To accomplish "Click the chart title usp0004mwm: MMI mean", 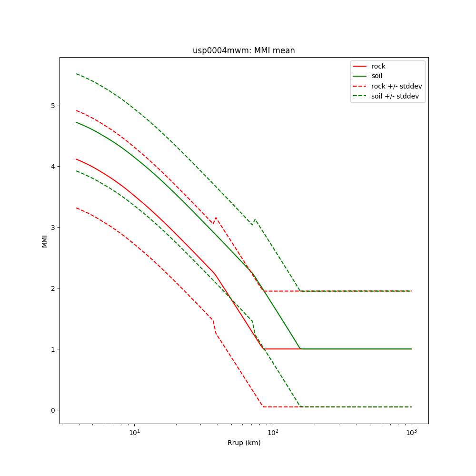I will (x=244, y=50).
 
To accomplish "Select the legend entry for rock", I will (x=378, y=66).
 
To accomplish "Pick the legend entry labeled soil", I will (x=377, y=76).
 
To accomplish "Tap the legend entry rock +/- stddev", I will (x=397, y=86).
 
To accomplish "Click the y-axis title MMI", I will (x=44, y=240).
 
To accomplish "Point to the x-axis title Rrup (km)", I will (x=244, y=443).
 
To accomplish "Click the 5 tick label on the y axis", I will (x=53, y=106).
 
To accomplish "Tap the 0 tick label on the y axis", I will (x=53, y=410).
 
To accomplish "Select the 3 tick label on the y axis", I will (x=53, y=228).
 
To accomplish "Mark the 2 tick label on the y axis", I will (x=53, y=288).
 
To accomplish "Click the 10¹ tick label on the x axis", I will (x=135, y=432).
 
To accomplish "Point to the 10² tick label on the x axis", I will (x=273, y=432).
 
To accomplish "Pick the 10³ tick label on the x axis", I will (x=411, y=432).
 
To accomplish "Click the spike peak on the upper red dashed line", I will (x=216, y=218).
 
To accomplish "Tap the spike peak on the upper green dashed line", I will (x=255, y=219).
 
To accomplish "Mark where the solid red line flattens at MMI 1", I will (x=264, y=349).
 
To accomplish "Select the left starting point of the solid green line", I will (x=76, y=122).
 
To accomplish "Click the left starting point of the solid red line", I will (x=76, y=159).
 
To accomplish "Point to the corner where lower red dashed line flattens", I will (x=263, y=407).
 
